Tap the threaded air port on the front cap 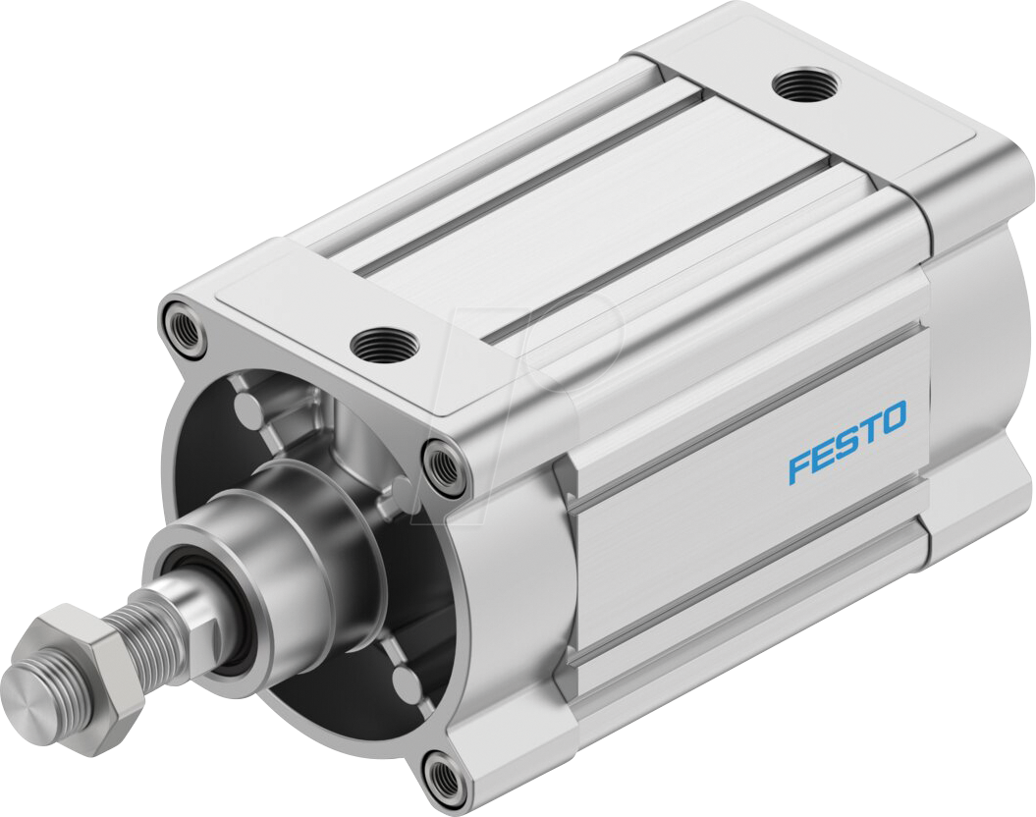384,344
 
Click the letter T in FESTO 869,429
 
